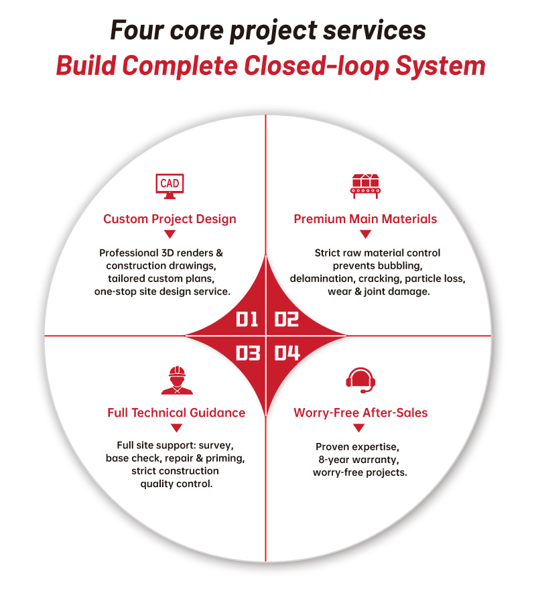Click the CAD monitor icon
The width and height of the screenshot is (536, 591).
pyautogui.click(x=170, y=186)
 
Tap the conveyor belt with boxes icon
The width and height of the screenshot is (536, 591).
pyautogui.click(x=365, y=186)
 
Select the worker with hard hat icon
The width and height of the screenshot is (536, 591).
pyautogui.click(x=177, y=381)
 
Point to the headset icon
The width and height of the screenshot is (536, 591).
pyautogui.click(x=360, y=380)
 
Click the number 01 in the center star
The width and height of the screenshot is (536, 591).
pyautogui.click(x=247, y=319)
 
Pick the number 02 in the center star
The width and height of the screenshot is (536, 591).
pyautogui.click(x=287, y=319)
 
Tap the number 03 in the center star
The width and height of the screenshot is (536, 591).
pyautogui.click(x=248, y=353)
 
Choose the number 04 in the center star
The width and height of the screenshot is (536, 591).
pyautogui.click(x=287, y=353)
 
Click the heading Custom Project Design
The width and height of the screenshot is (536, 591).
pyautogui.click(x=170, y=219)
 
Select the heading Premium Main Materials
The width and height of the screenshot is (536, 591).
pyautogui.click(x=365, y=219)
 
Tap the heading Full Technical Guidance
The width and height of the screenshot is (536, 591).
pyautogui.click(x=176, y=413)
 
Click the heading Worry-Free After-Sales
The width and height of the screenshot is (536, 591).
pyautogui.click(x=360, y=413)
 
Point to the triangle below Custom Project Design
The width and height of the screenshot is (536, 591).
pyautogui.click(x=170, y=235)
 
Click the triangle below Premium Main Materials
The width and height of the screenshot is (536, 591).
pyautogui.click(x=365, y=235)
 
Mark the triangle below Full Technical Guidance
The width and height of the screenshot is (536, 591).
pyautogui.click(x=176, y=428)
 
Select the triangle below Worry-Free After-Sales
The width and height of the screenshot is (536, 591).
pyautogui.click(x=359, y=428)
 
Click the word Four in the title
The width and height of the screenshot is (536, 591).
pyautogui.click(x=137, y=30)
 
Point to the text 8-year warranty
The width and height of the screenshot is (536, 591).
pyautogui.click(x=358, y=460)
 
